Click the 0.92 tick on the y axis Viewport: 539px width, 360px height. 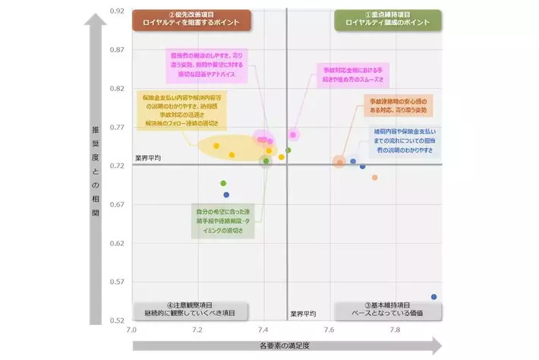pos(116,11)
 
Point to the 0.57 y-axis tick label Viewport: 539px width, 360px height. pos(116,281)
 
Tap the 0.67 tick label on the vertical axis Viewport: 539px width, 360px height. pos(116,204)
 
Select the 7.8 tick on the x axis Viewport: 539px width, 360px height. pos(395,330)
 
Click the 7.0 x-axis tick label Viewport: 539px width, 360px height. pos(132,330)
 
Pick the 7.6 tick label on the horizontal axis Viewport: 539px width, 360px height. pos(329,330)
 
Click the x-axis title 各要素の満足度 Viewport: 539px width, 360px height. pos(285,346)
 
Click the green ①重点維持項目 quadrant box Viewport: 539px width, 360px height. pos(387,19)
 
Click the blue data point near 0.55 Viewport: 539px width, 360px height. pos(433,297)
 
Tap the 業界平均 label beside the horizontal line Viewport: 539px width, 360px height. pos(148,158)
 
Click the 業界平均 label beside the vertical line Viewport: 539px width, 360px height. pos(303,313)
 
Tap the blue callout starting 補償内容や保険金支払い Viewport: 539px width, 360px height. pos(403,141)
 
